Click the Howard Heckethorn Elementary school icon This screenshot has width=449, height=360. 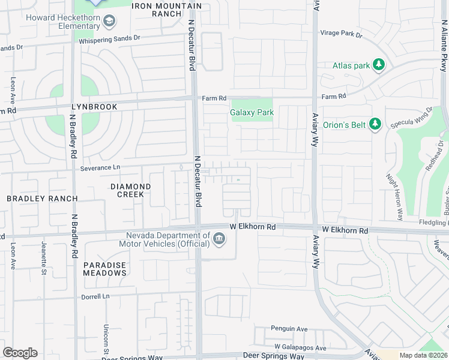coord(109,22)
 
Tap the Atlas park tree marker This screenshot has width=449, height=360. coord(378,65)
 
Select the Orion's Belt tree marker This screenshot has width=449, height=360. coord(375,124)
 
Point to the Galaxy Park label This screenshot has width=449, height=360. coord(252,112)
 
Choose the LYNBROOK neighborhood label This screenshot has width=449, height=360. coord(94,106)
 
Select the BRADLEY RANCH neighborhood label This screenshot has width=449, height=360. coord(42,198)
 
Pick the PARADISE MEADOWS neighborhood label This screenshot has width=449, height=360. coord(105,268)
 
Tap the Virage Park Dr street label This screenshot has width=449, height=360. coord(342,35)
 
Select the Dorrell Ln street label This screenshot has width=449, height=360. coord(96,296)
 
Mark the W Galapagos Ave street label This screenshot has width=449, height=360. coord(301,347)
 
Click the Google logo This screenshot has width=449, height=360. coord(20,353)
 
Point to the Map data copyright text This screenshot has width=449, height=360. coord(423,355)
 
